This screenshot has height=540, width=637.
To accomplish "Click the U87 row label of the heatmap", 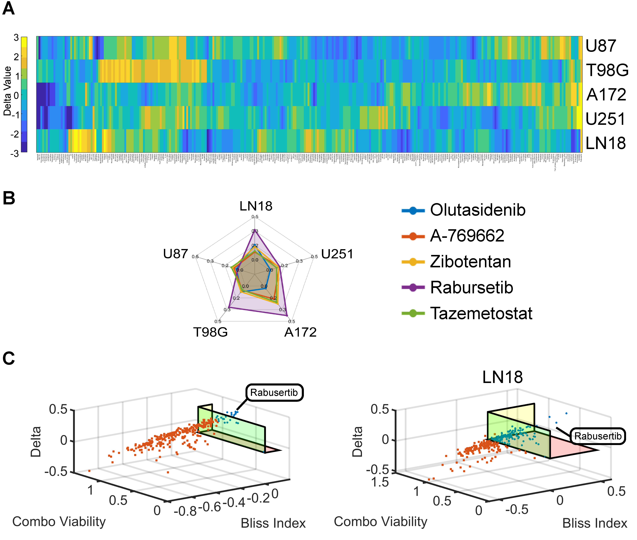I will (600, 46).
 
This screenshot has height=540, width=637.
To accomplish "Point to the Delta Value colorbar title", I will (7, 91).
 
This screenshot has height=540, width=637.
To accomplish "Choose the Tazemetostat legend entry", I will (481, 313).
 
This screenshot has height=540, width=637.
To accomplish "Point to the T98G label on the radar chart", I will (210, 332).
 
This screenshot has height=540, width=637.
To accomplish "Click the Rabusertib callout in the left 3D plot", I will (274, 392).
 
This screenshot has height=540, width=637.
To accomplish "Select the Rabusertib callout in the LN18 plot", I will (598, 436).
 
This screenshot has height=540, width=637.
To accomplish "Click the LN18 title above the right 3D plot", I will (502, 377).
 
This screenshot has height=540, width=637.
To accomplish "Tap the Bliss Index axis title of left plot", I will (273, 523).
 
